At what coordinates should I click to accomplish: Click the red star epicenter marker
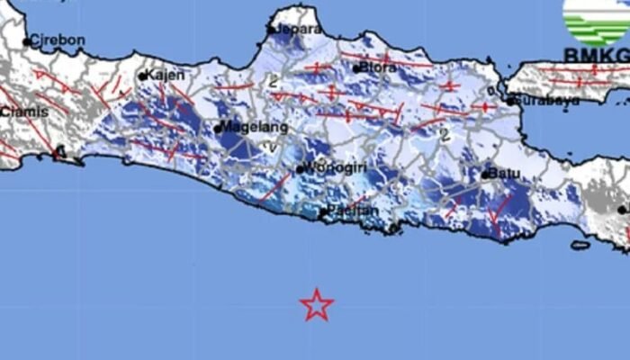click(x=317, y=305)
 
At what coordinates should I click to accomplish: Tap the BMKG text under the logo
click(x=597, y=56)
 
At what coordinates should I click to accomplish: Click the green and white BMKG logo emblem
click(x=597, y=21)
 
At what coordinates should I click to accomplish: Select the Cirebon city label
click(x=58, y=40)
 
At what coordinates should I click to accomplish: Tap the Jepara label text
click(x=298, y=29)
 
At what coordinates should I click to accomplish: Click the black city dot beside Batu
click(x=485, y=175)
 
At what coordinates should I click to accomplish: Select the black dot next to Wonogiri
click(x=300, y=169)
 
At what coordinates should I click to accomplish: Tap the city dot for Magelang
click(x=218, y=129)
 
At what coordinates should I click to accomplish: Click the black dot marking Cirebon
click(x=27, y=41)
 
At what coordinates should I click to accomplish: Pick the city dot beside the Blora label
click(x=356, y=67)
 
